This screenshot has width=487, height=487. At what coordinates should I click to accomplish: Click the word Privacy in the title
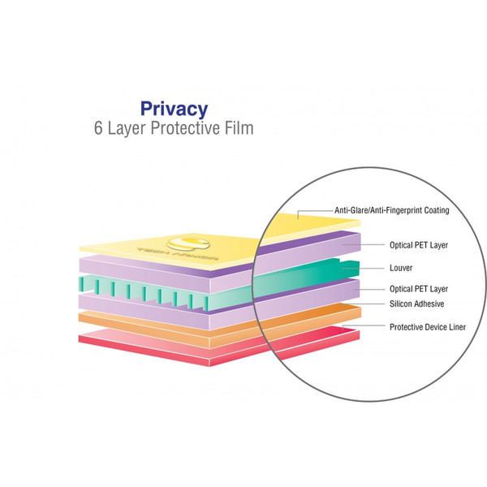[x=174, y=108]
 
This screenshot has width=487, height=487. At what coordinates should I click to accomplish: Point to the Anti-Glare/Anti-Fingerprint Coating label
[x=392, y=210]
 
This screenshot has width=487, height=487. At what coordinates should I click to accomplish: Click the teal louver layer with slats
[x=162, y=290]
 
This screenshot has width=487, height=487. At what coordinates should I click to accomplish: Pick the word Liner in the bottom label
[x=462, y=326]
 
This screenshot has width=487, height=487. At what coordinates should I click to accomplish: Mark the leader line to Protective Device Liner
[x=365, y=326]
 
